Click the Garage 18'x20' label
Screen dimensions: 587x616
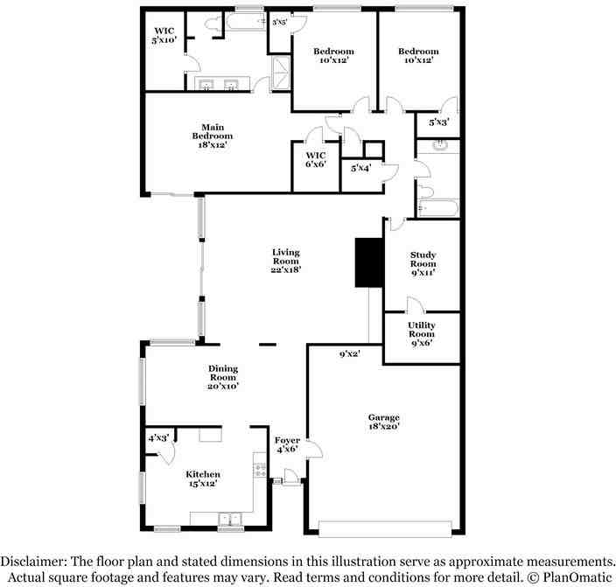pos(383,423)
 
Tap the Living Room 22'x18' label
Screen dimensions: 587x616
pos(285,261)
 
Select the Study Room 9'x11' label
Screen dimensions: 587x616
pos(423,263)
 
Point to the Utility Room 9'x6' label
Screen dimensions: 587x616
pos(422,333)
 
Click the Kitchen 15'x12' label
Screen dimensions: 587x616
pos(201,478)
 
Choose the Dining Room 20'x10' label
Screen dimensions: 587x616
pos(223,377)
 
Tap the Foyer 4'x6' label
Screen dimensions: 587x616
pos(287,444)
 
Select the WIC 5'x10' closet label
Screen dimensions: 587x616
pos(164,35)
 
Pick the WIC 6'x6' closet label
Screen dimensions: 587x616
pos(315,158)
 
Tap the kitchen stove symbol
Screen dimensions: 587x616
pos(259,470)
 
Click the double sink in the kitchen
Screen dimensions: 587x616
pos(230,517)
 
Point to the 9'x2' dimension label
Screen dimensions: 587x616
pos(349,354)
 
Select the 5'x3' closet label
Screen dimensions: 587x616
pos(438,122)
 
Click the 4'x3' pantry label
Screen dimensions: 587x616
pos(158,437)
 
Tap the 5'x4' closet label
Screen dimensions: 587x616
pos(360,167)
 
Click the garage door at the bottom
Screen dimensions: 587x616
pos(385,528)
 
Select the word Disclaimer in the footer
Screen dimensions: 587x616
pos(33,561)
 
